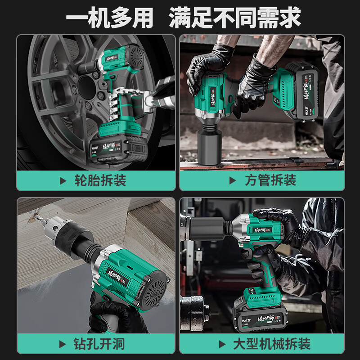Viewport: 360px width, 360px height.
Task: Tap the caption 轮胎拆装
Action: [100, 181]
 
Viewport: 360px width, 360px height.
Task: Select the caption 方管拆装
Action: [270, 181]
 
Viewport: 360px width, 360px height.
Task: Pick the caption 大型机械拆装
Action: [271, 345]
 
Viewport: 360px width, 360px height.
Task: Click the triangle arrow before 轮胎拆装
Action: [63, 181]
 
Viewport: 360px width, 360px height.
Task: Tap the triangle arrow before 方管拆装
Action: [233, 181]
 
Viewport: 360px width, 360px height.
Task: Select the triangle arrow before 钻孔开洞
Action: [63, 345]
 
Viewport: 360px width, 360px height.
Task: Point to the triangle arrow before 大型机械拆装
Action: [222, 345]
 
